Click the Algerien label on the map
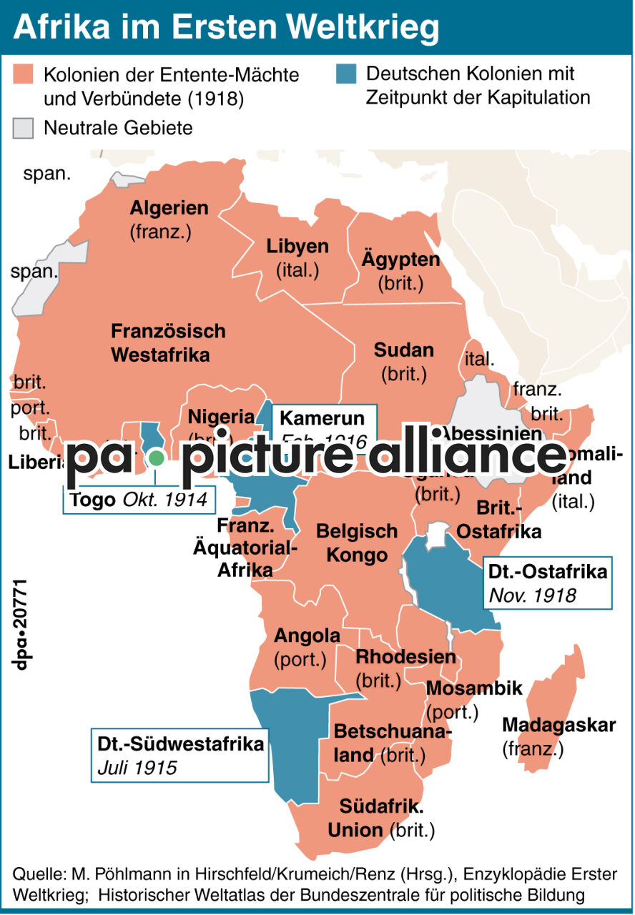(x=169, y=209)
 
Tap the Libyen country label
(x=297, y=247)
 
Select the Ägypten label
(x=400, y=259)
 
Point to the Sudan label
(x=403, y=350)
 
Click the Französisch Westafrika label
(x=167, y=342)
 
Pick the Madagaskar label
(x=558, y=725)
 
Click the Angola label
(x=307, y=635)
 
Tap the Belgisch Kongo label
(x=356, y=543)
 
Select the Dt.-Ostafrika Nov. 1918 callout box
(x=547, y=583)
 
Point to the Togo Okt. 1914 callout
(x=139, y=499)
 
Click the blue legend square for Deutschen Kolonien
(x=347, y=74)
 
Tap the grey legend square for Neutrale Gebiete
(x=24, y=128)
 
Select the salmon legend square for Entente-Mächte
(x=24, y=74)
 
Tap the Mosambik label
(x=474, y=688)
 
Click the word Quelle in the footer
(x=37, y=874)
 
